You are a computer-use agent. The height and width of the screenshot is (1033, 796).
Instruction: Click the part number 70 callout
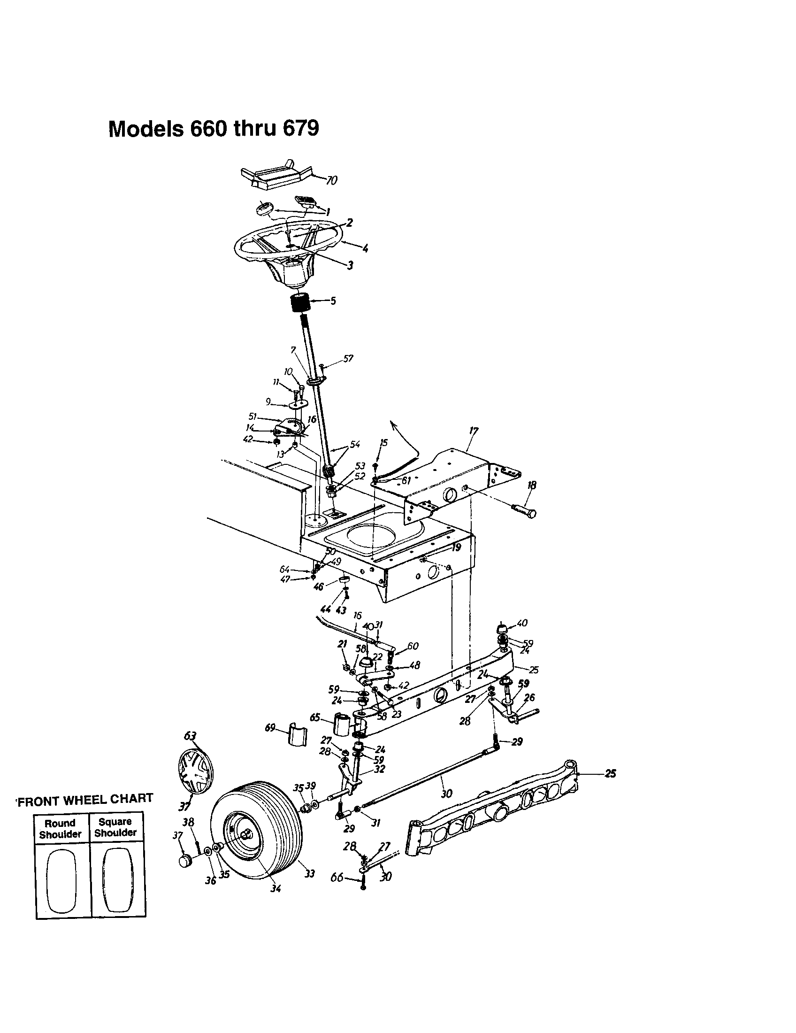(332, 181)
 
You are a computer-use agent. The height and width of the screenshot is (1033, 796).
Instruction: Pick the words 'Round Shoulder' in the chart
(61, 829)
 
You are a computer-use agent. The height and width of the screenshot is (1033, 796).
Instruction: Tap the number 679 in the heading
(301, 129)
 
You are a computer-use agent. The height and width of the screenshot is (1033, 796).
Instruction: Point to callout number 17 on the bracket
(474, 431)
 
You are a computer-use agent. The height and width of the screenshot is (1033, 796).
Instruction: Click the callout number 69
(270, 728)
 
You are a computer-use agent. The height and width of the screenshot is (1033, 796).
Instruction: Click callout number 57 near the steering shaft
(348, 359)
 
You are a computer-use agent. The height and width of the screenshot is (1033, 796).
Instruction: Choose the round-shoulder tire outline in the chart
(62, 880)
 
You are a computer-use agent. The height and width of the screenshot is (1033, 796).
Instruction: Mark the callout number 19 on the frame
(456, 547)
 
